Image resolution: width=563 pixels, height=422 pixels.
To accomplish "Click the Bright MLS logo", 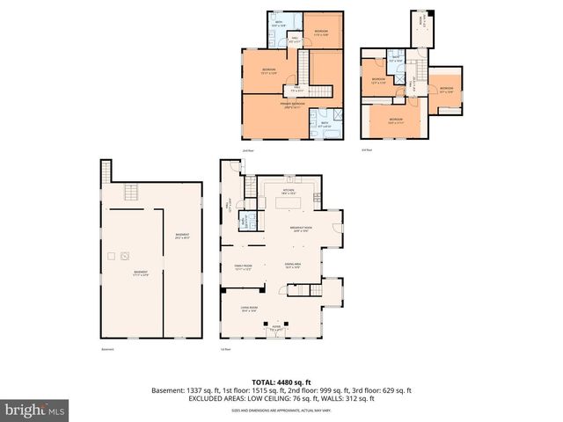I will point(35,410).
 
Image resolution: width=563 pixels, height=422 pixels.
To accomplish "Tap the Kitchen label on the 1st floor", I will point(288,191).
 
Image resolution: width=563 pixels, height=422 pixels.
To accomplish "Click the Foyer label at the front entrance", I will point(275,329).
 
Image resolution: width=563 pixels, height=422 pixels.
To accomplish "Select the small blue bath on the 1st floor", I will point(247,222).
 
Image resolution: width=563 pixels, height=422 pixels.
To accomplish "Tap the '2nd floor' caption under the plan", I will point(247,149).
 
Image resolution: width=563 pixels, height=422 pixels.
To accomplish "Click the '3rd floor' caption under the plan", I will point(367,149).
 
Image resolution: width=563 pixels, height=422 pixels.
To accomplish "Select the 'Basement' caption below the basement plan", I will point(107,350).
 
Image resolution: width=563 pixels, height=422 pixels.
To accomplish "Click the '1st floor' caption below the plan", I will point(225,350).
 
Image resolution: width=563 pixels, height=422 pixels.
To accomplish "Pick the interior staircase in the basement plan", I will point(131,195).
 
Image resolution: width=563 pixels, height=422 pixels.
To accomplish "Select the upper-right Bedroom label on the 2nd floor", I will point(322,32).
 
